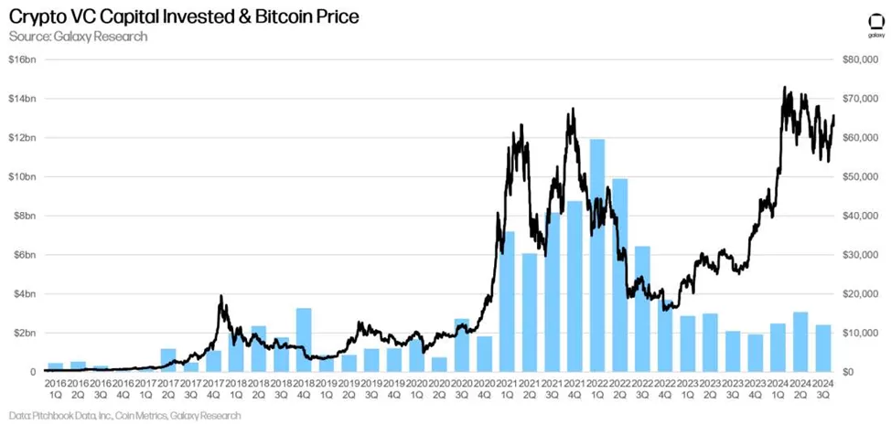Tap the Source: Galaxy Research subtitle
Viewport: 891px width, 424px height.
pyautogui.click(x=78, y=36)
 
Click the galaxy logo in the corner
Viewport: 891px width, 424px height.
pyautogui.click(x=875, y=25)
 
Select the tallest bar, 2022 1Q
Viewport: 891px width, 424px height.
pyautogui.click(x=597, y=256)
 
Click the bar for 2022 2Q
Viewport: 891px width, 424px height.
pyautogui.click(x=619, y=274)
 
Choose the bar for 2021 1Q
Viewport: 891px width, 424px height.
pyautogui.click(x=507, y=302)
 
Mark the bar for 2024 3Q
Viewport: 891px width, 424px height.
pyautogui.click(x=822, y=348)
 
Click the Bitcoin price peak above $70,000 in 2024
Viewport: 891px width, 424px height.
pyautogui.click(x=785, y=89)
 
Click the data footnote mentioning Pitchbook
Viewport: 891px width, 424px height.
pyautogui.click(x=123, y=416)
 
